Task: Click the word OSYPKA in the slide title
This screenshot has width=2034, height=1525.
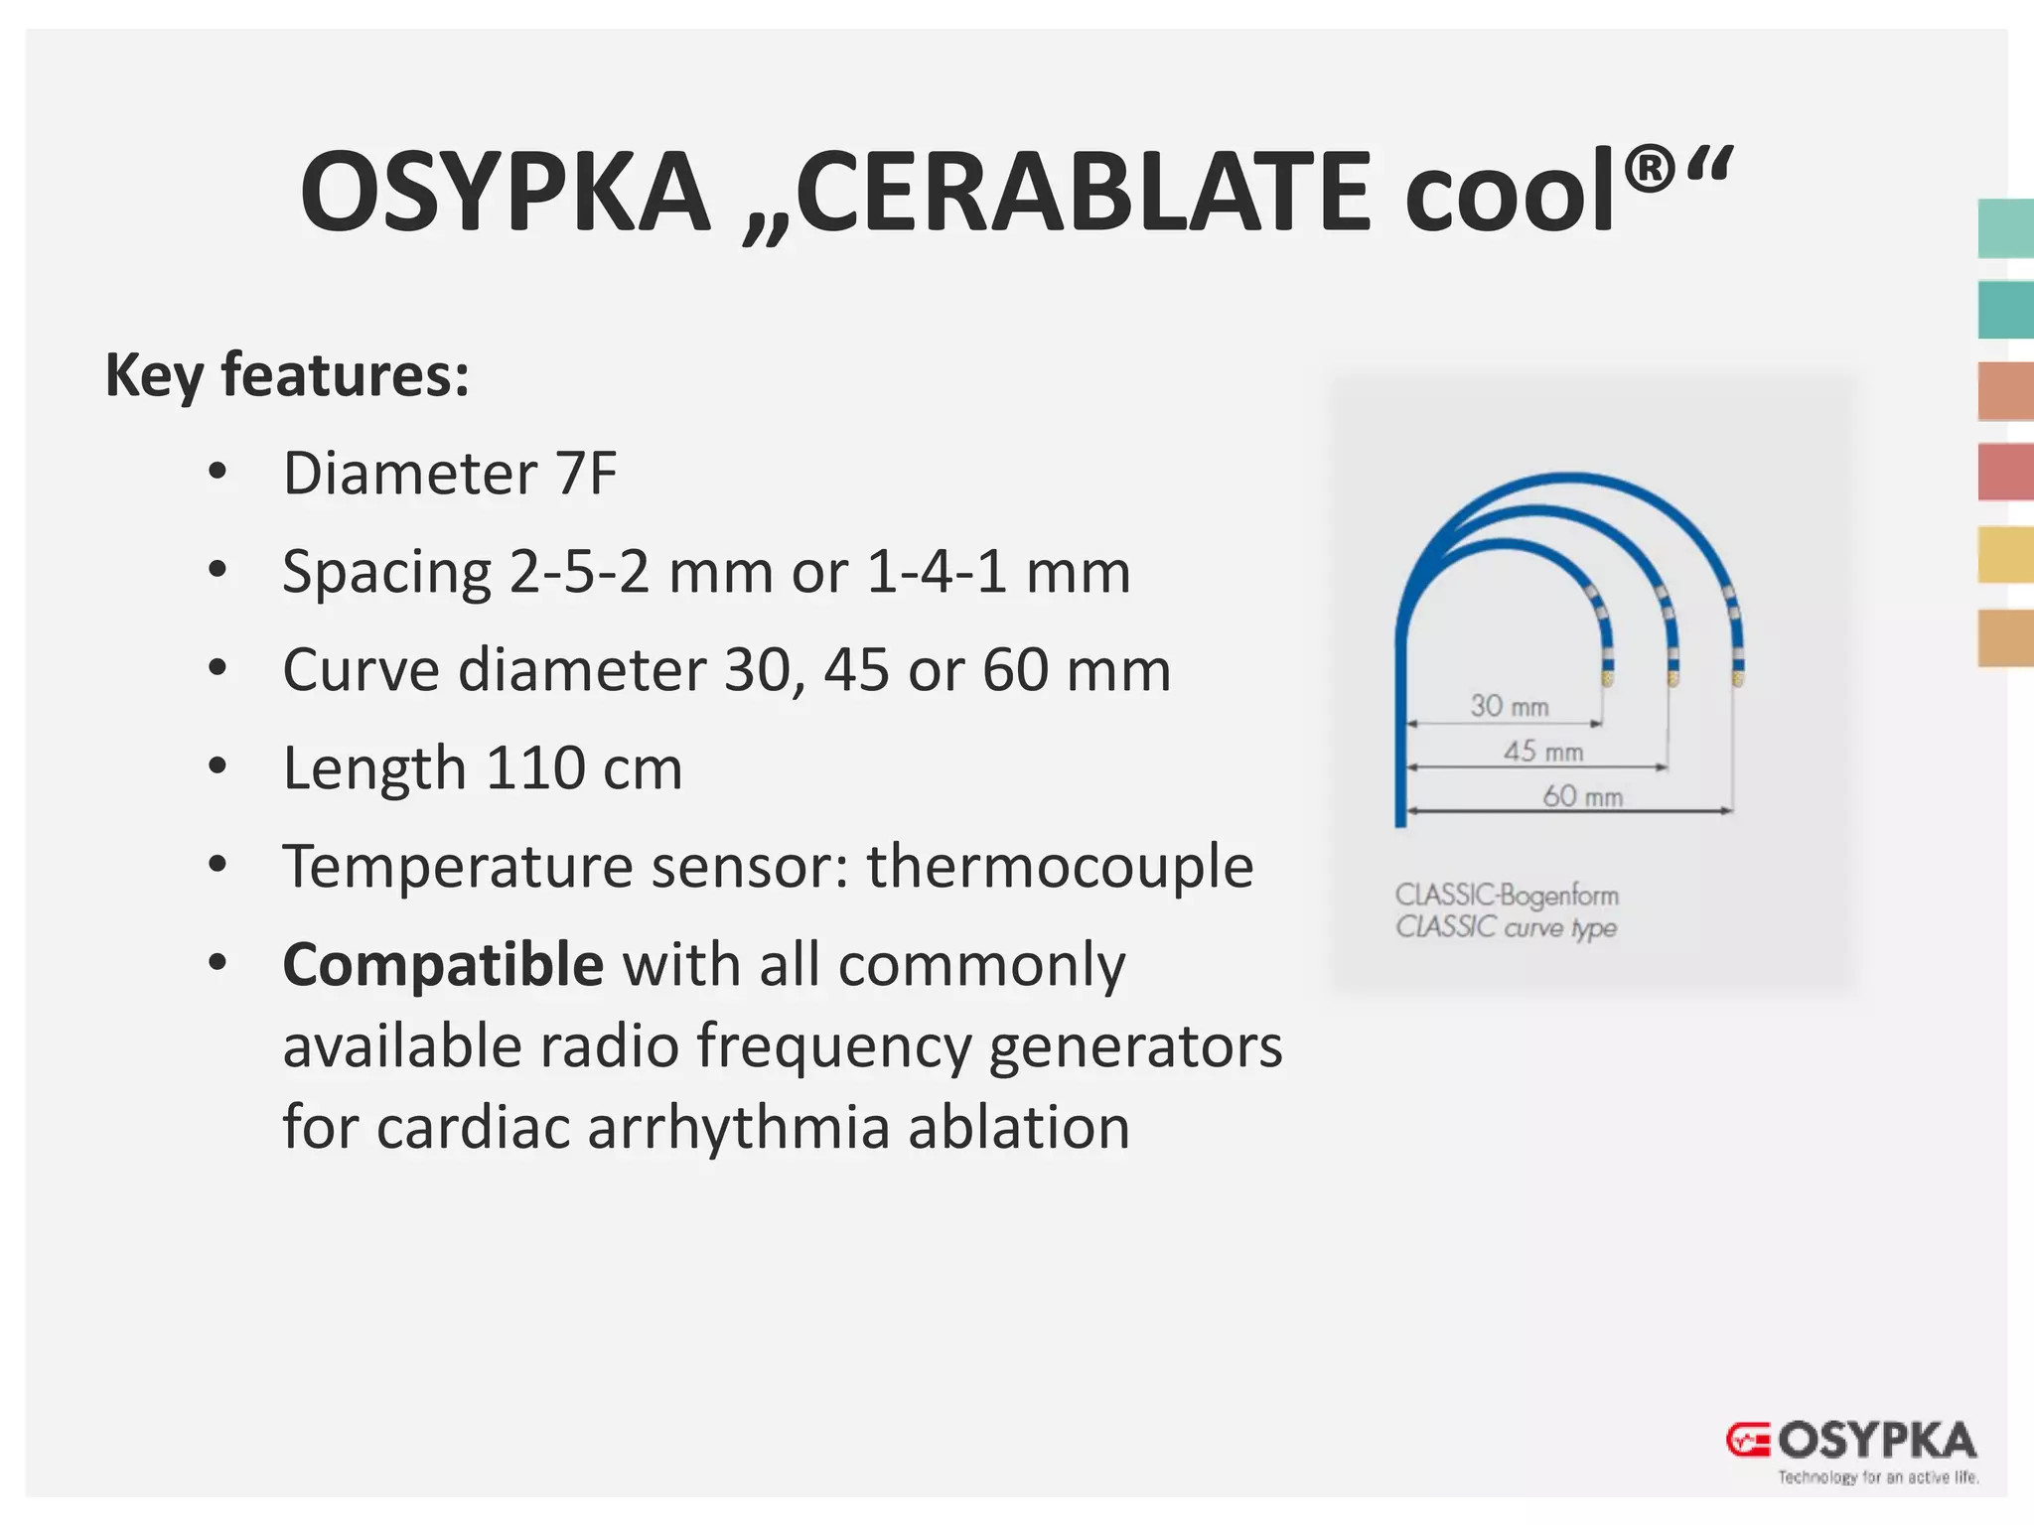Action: [505, 192]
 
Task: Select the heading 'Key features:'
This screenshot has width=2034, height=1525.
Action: [287, 375]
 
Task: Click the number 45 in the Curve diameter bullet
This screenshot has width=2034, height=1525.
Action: [856, 670]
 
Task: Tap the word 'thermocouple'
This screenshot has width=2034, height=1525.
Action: [1060, 866]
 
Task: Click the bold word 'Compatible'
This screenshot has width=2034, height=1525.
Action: [443, 965]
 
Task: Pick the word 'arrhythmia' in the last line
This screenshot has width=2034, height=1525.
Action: [738, 1128]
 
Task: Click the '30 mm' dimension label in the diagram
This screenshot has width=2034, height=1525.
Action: [1509, 706]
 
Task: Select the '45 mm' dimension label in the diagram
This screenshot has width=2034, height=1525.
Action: [1542, 752]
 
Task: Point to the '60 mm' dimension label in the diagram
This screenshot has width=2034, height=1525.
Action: [1582, 796]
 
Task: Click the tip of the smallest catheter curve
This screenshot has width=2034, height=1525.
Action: [1606, 680]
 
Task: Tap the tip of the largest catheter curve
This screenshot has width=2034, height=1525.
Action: [1737, 680]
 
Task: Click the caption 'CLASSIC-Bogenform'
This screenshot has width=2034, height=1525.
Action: [1507, 896]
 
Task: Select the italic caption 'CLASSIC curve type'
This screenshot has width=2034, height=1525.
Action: [1506, 927]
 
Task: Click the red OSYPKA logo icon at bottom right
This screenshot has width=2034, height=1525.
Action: [1747, 1440]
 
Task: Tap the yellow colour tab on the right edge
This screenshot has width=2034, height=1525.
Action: [2004, 555]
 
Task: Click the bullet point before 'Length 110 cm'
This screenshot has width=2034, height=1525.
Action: [218, 766]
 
